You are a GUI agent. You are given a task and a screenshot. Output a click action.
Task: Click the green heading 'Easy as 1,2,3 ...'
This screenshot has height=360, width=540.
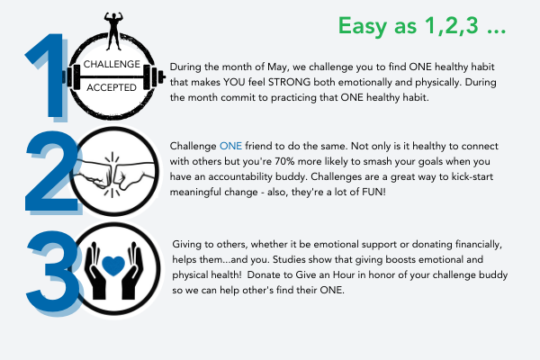422,26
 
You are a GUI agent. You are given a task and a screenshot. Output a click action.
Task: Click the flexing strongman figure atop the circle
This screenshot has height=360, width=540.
113,31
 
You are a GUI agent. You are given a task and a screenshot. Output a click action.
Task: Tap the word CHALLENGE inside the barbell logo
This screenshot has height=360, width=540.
112,64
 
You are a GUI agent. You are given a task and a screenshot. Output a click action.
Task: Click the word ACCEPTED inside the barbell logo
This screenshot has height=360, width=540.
112,87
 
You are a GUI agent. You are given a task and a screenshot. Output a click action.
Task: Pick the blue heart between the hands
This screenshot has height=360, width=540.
113,265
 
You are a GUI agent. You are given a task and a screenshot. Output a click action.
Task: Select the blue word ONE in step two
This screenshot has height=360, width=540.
230,146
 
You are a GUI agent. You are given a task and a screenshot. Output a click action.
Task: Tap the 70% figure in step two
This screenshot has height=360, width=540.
284,161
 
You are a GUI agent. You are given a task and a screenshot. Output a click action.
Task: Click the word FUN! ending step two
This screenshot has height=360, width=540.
373,192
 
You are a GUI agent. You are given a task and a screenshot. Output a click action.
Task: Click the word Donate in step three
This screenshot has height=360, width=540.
263,274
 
